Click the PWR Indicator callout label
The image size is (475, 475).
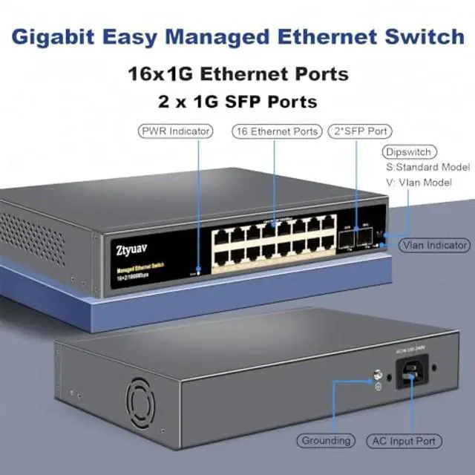click(174, 131)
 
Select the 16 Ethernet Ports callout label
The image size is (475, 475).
click(275, 131)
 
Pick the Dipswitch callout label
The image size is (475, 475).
click(407, 152)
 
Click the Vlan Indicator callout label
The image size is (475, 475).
click(435, 245)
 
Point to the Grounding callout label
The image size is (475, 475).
click(325, 440)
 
